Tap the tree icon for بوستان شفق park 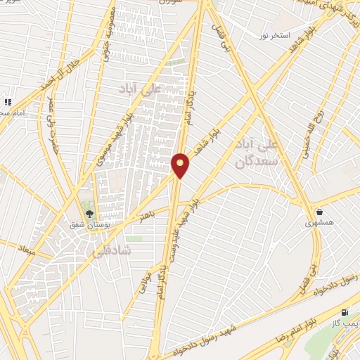(x=89, y=213)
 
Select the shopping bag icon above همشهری (x=319, y=211)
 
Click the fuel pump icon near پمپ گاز (x=344, y=312)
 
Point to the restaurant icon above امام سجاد (x=8, y=102)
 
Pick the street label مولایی (x=145, y=276)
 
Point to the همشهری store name (x=320, y=223)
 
